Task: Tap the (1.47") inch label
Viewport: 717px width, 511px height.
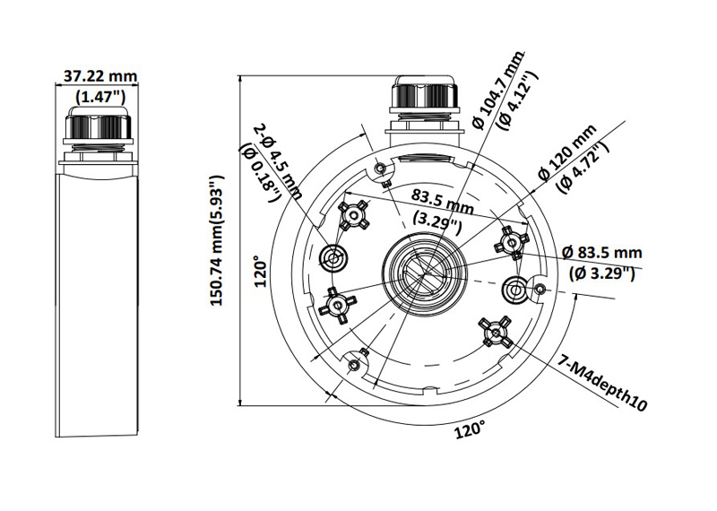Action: pyautogui.click(x=99, y=96)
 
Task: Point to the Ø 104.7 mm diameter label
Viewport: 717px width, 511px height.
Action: pyautogui.click(x=496, y=95)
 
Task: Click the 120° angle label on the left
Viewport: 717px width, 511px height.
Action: pyautogui.click(x=261, y=273)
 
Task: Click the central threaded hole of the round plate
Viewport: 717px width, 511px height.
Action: pyautogui.click(x=424, y=269)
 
